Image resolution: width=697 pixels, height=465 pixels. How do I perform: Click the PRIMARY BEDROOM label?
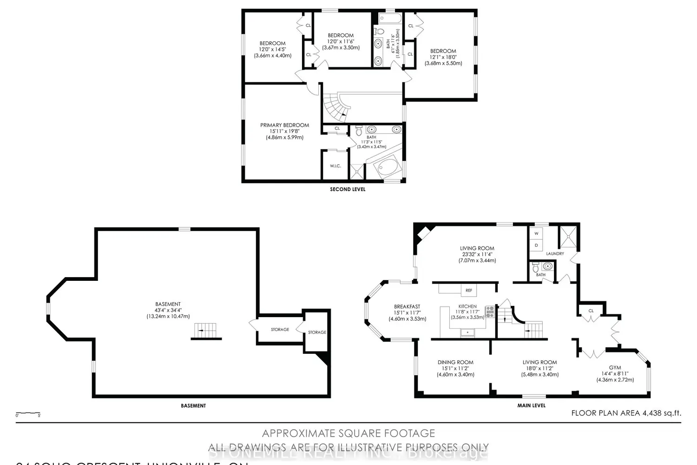(x=284, y=125)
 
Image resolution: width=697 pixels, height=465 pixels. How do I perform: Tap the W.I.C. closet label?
(x=335, y=166)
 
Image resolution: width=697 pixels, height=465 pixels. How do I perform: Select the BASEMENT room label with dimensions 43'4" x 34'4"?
(x=168, y=304)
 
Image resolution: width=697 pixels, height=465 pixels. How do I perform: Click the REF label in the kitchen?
(x=469, y=291)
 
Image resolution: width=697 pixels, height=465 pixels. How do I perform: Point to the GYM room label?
(x=615, y=368)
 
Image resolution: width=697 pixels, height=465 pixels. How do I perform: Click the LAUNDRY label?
(x=555, y=253)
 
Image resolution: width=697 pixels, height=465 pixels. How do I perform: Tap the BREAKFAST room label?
(x=407, y=306)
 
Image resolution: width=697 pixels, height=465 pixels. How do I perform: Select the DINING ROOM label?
(x=455, y=362)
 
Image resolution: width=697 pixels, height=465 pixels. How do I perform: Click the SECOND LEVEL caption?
(x=348, y=189)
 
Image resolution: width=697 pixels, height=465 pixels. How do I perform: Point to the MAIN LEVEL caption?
(x=532, y=405)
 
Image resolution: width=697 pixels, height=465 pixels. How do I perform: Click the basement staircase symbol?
(x=205, y=331)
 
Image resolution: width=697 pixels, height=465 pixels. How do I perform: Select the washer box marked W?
(x=536, y=233)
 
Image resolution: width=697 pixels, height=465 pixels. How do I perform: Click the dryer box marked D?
(x=536, y=245)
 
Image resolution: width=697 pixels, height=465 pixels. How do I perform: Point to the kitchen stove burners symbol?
(x=490, y=312)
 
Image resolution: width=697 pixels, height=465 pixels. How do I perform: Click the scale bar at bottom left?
(x=28, y=413)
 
